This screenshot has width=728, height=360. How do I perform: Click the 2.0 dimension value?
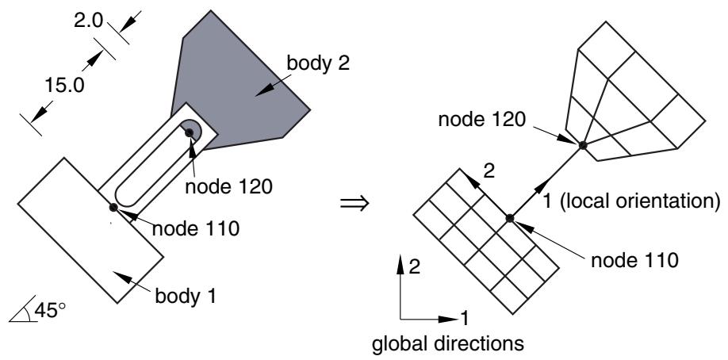click(x=88, y=21)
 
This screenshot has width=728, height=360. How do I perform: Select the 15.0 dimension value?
click(x=64, y=86)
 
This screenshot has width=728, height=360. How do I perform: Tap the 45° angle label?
click(x=50, y=311)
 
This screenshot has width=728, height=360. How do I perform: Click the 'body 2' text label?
click(x=318, y=63)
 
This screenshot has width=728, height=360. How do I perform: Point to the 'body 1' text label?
click(x=186, y=296)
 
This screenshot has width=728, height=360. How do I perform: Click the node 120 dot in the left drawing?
click(x=190, y=133)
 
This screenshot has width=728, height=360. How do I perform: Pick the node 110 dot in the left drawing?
click(x=113, y=207)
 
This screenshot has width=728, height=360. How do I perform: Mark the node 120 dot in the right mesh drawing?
click(x=583, y=145)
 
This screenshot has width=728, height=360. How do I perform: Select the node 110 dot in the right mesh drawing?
click(x=510, y=218)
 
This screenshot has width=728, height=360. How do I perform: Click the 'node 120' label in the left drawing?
click(x=228, y=186)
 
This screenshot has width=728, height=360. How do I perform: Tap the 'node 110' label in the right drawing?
click(x=634, y=260)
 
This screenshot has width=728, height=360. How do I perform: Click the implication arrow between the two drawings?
click(x=354, y=203)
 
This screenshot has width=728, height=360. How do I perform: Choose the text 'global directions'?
click(x=448, y=344)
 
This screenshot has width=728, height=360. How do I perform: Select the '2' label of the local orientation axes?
click(x=489, y=172)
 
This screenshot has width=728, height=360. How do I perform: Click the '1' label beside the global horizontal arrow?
click(x=464, y=319)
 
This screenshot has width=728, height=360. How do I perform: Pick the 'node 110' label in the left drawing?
click(x=196, y=228)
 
